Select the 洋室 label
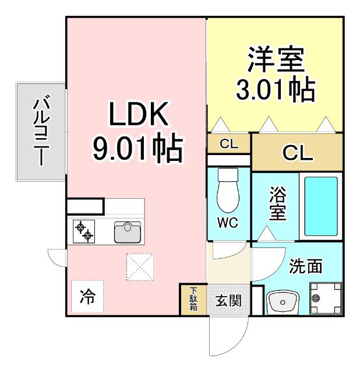(276, 59)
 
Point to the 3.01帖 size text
(276, 90)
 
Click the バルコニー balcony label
(40, 131)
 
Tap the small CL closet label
(229, 144)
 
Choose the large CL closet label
(297, 153)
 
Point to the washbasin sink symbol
(282, 302)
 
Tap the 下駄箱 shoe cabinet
(193, 300)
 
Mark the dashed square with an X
(140, 266)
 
